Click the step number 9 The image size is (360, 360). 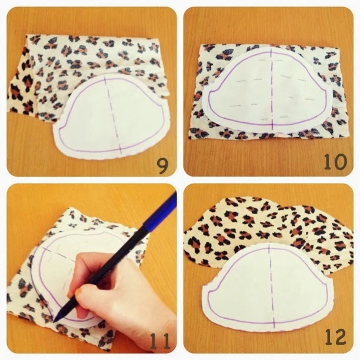click(162, 166)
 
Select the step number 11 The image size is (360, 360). click(160, 341)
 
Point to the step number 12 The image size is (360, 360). click(335, 337)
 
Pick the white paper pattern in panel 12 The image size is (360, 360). click(268, 287)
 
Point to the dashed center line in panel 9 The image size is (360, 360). click(112, 116)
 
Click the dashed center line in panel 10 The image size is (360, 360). click(271, 89)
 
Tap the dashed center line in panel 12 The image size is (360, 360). click(271, 287)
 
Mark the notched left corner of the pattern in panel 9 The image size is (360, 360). click(60, 125)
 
